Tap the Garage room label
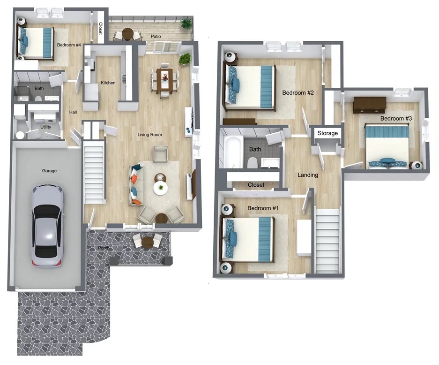(49, 171)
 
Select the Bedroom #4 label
(69, 45)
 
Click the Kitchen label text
(108, 83)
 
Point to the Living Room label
(149, 135)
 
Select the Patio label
(156, 36)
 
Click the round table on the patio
(127, 33)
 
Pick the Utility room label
(45, 127)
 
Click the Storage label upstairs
(327, 133)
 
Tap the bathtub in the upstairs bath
(232, 151)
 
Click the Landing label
(308, 175)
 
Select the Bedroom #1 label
(263, 208)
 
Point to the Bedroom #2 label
(298, 93)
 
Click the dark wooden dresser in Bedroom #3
(369, 105)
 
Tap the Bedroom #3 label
(396, 118)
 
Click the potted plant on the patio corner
(187, 23)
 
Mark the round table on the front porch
(148, 242)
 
